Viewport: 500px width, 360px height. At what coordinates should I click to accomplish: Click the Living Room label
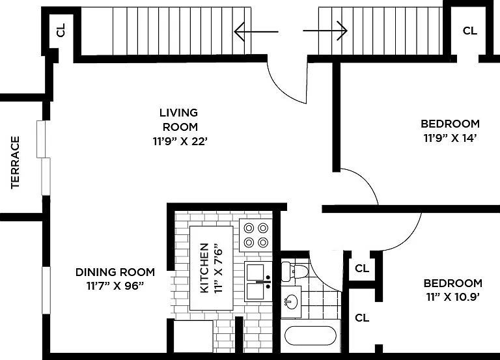pyautogui.click(x=179, y=120)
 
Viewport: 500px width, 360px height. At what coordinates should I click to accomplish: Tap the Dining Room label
pyautogui.click(x=115, y=272)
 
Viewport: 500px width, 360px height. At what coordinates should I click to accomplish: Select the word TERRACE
pyautogui.click(x=16, y=163)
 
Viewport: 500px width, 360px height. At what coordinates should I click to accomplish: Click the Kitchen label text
pyautogui.click(x=204, y=268)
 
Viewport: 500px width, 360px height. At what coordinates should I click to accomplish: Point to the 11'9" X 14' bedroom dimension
pyautogui.click(x=450, y=138)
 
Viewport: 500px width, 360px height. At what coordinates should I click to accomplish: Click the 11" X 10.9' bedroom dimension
pyautogui.click(x=453, y=298)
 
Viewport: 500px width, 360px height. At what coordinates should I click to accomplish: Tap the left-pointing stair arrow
pyautogui.click(x=256, y=31)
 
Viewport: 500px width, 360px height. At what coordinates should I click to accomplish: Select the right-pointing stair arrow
pyautogui.click(x=325, y=31)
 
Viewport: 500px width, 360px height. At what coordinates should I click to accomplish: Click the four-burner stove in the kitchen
pyautogui.click(x=256, y=235)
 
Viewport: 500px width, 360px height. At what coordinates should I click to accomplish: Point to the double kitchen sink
pyautogui.click(x=258, y=282)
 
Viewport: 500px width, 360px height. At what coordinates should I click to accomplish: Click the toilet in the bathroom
pyautogui.click(x=294, y=271)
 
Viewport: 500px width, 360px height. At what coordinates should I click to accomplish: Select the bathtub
pyautogui.click(x=311, y=335)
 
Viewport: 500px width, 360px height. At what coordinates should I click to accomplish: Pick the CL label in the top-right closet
pyautogui.click(x=470, y=31)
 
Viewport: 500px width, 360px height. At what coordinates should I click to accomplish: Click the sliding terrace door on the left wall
pyautogui.click(x=44, y=158)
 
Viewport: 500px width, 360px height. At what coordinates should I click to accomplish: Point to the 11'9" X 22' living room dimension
pyautogui.click(x=180, y=141)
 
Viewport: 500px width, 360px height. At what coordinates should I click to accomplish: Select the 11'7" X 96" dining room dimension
pyautogui.click(x=115, y=286)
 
